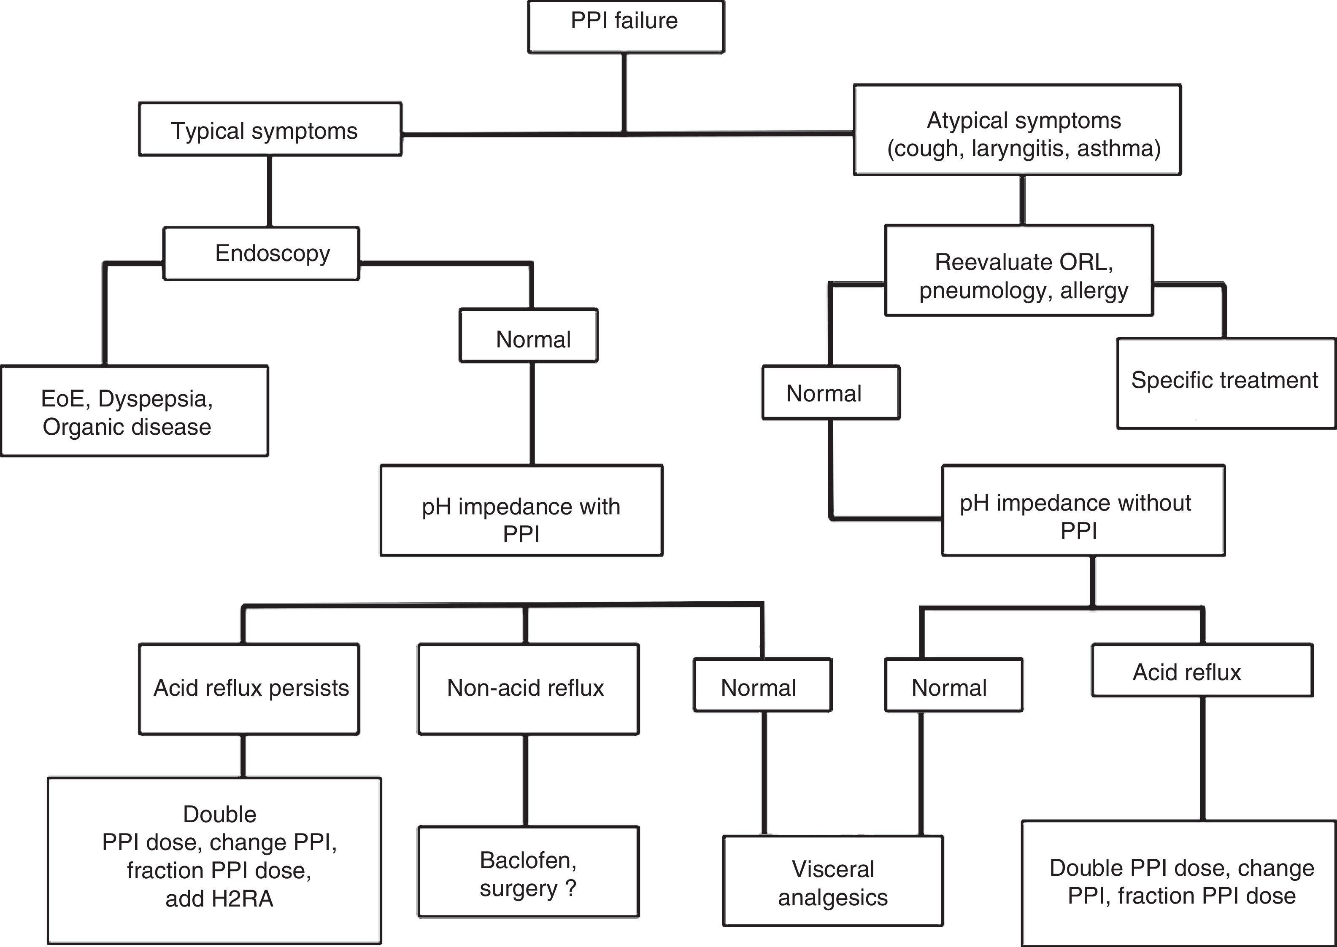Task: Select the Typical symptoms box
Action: coord(270,129)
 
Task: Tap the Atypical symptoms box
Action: coord(1017,130)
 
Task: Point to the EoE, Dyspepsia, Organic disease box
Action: coord(134,411)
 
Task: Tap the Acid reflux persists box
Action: coord(249,689)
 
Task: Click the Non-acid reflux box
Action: coord(528,689)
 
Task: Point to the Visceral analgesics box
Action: coord(832,881)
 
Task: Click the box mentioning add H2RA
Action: coord(214,861)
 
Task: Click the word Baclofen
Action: coord(527,860)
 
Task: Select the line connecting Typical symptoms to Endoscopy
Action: coord(270,191)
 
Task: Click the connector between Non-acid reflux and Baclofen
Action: coord(526,780)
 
